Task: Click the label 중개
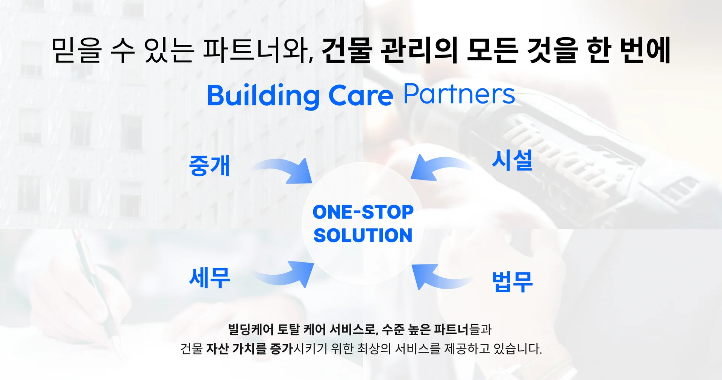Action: pos(209,166)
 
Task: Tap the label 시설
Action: pos(512,160)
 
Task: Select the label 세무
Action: pos(209,278)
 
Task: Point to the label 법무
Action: pos(512,281)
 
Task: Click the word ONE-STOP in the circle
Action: pos(363,212)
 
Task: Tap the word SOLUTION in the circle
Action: pos(363,236)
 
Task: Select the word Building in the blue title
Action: pos(263,96)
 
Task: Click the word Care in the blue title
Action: pos(361,96)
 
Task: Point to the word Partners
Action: pos(459,94)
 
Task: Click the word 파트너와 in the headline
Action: pos(258,50)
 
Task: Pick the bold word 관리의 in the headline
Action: pos(419,50)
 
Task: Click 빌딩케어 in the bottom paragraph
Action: pos(251,330)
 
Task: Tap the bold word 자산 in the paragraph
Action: pos(217,349)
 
